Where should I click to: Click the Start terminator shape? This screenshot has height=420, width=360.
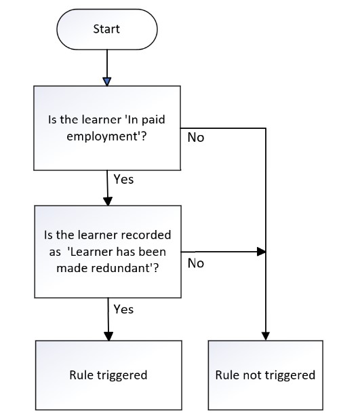click(107, 29)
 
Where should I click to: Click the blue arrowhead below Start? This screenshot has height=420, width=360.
click(107, 81)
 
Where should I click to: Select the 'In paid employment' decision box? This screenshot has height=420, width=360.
click(107, 128)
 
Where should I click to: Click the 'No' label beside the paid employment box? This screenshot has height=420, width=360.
click(196, 138)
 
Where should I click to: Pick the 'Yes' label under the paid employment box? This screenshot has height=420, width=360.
click(123, 179)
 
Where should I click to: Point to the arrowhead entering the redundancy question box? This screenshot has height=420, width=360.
click(108, 202)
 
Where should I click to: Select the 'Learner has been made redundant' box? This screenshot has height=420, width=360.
click(108, 252)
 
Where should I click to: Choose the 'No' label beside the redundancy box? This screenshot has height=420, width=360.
click(196, 263)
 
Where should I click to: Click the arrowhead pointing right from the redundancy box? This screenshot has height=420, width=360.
click(261, 252)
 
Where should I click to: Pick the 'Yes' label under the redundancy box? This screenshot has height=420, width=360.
click(123, 309)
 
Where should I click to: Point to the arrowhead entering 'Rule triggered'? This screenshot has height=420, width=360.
click(108, 337)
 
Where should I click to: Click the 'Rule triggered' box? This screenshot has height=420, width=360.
click(108, 375)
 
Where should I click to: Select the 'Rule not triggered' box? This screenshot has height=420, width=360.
click(266, 375)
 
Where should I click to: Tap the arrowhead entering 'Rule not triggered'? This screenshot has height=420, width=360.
click(266, 336)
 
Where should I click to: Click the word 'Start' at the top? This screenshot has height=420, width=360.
click(106, 29)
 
